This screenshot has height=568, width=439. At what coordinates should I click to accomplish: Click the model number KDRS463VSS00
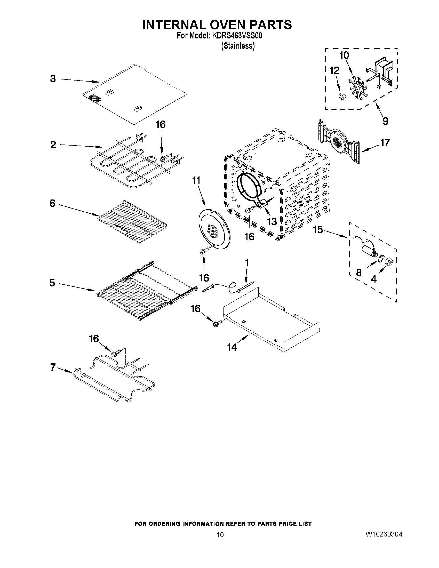point(237,36)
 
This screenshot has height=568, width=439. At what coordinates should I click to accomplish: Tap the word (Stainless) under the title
point(238,46)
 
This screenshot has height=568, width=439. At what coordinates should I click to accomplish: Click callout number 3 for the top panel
point(53,78)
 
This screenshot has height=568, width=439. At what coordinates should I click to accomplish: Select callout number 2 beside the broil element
point(53,145)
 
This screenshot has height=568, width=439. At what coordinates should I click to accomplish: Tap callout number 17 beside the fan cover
point(385,142)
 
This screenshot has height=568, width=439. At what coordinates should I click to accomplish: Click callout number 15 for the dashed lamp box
point(317,230)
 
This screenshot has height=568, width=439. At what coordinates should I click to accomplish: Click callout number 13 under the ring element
point(272,221)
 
